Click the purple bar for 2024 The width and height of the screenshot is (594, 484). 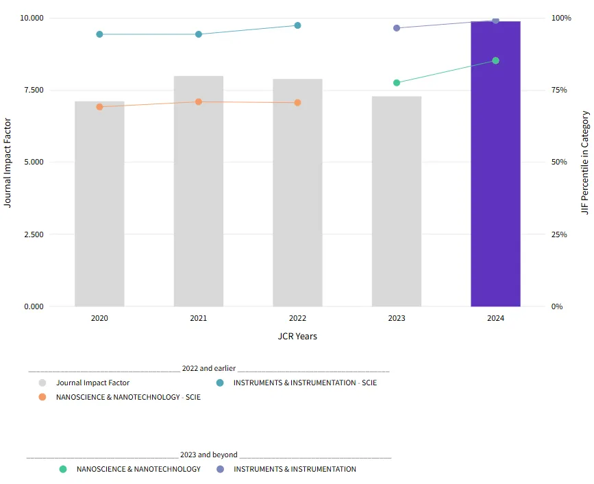[x=495, y=165]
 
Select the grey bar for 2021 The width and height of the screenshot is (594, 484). [x=199, y=191]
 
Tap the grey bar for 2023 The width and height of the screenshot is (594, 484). [x=397, y=202]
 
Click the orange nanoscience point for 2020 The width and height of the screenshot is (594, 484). [x=99, y=107]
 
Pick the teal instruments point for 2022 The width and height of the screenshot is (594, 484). [x=297, y=25]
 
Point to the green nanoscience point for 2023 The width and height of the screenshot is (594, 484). [x=397, y=83]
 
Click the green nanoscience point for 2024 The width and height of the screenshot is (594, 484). [x=495, y=61]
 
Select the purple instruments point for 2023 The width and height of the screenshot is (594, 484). [x=397, y=28]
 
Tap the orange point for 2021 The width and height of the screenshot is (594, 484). [x=199, y=102]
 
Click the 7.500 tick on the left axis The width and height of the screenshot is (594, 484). [x=34, y=90]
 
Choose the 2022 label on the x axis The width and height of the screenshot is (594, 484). [x=297, y=318]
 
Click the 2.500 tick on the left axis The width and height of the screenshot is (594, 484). [x=34, y=234]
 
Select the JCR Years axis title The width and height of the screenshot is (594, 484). [x=297, y=337]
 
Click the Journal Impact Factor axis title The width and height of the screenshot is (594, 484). [x=8, y=162]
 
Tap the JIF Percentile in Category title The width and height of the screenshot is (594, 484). [x=585, y=162]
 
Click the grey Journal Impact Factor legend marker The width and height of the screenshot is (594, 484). [x=42, y=383]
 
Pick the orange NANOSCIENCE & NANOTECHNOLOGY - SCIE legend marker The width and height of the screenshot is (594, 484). [x=42, y=397]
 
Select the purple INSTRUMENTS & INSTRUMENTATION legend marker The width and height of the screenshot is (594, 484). [x=220, y=469]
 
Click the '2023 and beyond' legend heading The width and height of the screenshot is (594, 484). [x=209, y=455]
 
